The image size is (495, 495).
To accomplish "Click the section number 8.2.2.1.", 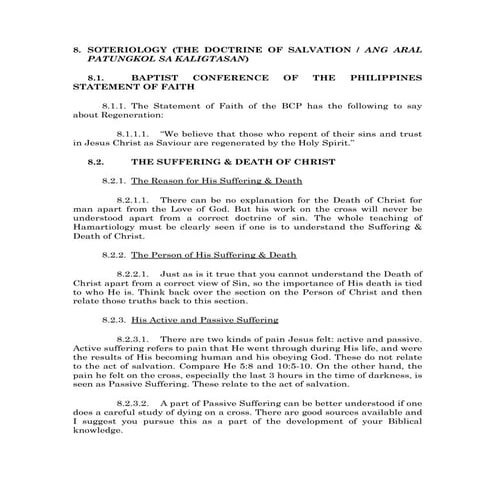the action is pos(131,273).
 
